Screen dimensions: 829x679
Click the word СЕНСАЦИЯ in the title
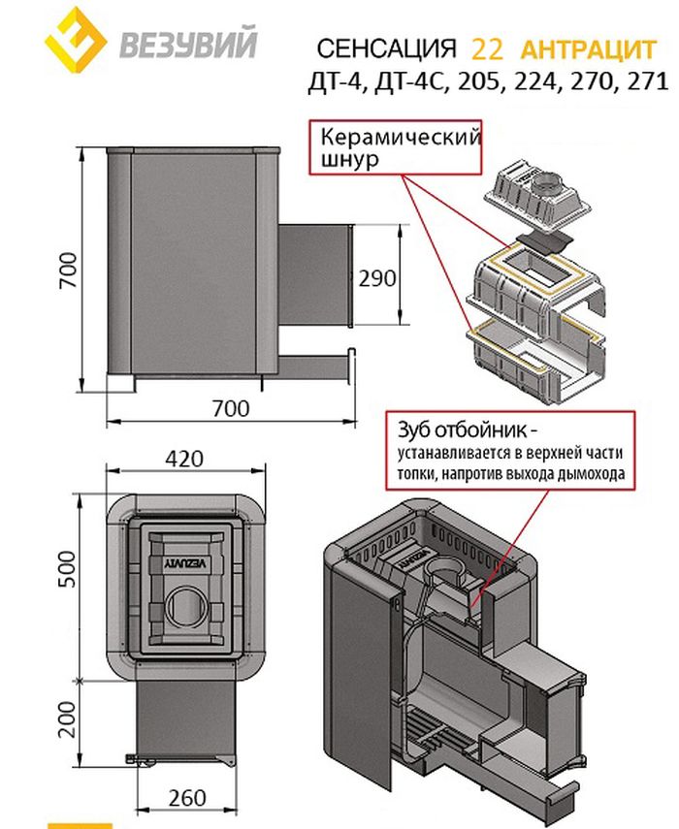point(386,48)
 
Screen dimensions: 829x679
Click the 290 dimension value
point(376,278)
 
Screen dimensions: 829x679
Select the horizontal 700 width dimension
point(229,408)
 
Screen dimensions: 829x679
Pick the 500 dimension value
point(64,580)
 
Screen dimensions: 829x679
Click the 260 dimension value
point(186,798)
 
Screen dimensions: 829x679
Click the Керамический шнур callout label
point(397,146)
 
